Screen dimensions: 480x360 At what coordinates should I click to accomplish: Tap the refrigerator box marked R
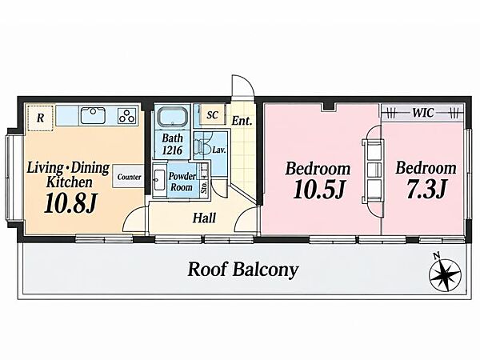[40, 118]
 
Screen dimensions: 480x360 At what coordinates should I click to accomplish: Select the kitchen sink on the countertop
[93, 115]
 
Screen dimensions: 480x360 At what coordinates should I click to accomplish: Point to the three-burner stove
[127, 116]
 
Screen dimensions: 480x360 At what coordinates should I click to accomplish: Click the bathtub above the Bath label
[172, 117]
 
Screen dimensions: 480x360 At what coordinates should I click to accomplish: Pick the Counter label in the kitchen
[129, 177]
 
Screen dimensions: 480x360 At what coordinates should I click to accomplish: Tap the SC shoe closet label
[212, 114]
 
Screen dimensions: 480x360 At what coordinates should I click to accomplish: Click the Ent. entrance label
[242, 121]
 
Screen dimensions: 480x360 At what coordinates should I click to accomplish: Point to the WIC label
[422, 113]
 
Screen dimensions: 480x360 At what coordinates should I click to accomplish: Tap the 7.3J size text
[426, 189]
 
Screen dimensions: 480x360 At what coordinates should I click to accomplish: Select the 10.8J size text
[70, 203]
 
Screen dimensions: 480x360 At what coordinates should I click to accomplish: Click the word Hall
[204, 218]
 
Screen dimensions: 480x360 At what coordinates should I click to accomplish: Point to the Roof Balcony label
[242, 270]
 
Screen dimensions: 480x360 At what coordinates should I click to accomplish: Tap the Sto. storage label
[204, 186]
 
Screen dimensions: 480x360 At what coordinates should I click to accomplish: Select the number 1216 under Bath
[172, 150]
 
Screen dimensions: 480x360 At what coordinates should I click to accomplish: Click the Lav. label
[219, 150]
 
